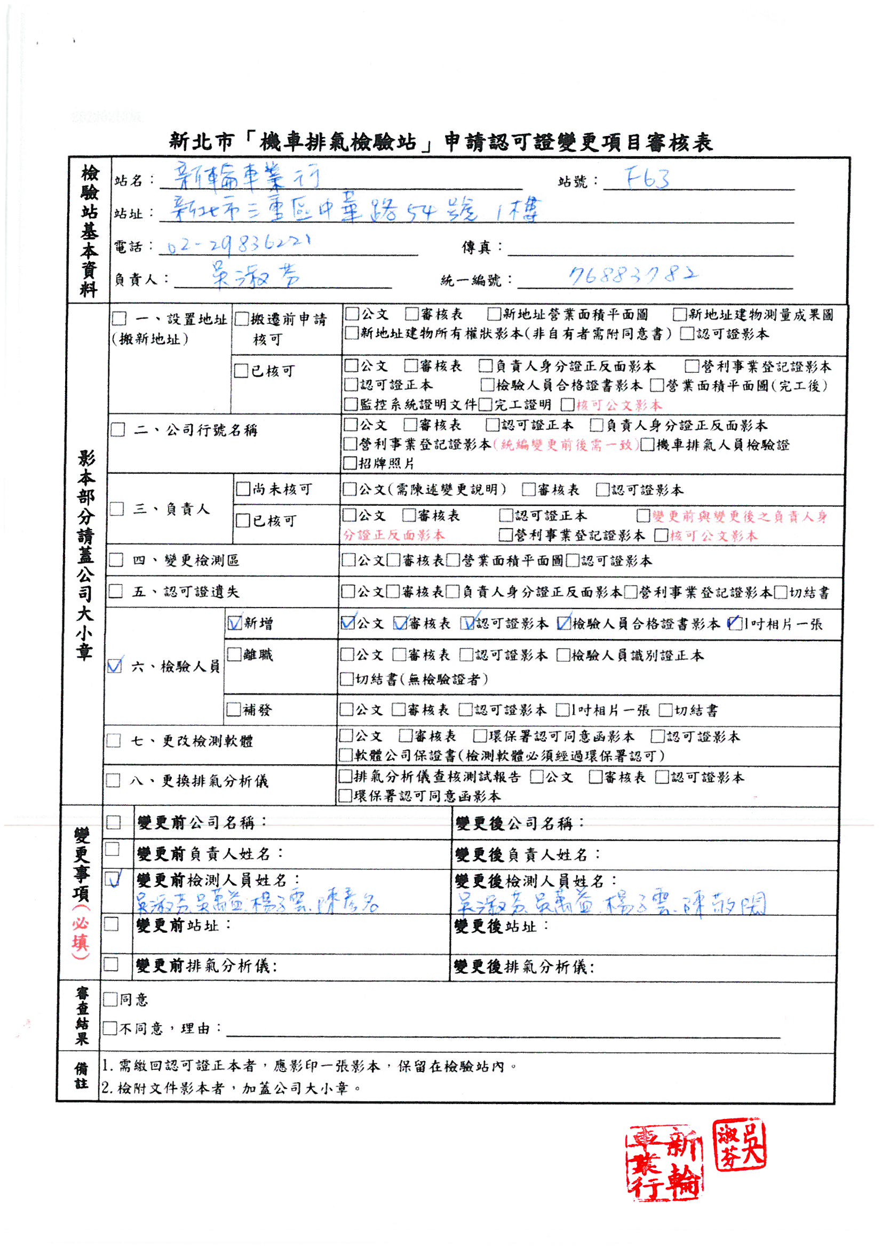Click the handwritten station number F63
pyautogui.click(x=647, y=178)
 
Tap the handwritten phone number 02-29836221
pyautogui.click(x=239, y=244)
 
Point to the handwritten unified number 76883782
pyautogui.click(x=633, y=275)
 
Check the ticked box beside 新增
pyautogui.click(x=235, y=623)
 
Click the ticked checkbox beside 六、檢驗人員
pyautogui.click(x=115, y=666)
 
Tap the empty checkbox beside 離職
pyautogui.click(x=234, y=654)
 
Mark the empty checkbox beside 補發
pyautogui.click(x=234, y=709)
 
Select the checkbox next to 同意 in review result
pyautogui.click(x=110, y=999)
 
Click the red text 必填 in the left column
pyautogui.click(x=80, y=932)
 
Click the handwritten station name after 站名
pyautogui.click(x=247, y=178)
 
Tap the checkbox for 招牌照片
pyautogui.click(x=351, y=463)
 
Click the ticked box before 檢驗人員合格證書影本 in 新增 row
pyautogui.click(x=564, y=623)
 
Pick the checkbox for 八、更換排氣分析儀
pyautogui.click(x=113, y=780)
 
